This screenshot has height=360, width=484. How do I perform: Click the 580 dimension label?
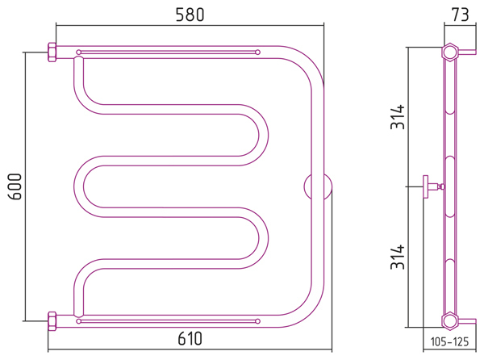point(190,15)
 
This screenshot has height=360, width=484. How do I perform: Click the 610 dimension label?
point(190,338)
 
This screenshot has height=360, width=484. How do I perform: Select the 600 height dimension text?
point(15,186)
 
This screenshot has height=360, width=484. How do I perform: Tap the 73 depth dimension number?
point(460,15)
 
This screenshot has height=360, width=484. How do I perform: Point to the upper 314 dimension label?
point(398,117)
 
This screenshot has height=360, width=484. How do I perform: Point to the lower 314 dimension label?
point(398,257)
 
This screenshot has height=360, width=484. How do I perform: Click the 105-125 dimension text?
point(449,341)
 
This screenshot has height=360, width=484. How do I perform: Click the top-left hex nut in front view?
point(52,52)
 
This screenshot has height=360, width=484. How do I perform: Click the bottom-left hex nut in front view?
point(52,321)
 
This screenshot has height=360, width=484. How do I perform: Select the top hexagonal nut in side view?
point(450,52)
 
